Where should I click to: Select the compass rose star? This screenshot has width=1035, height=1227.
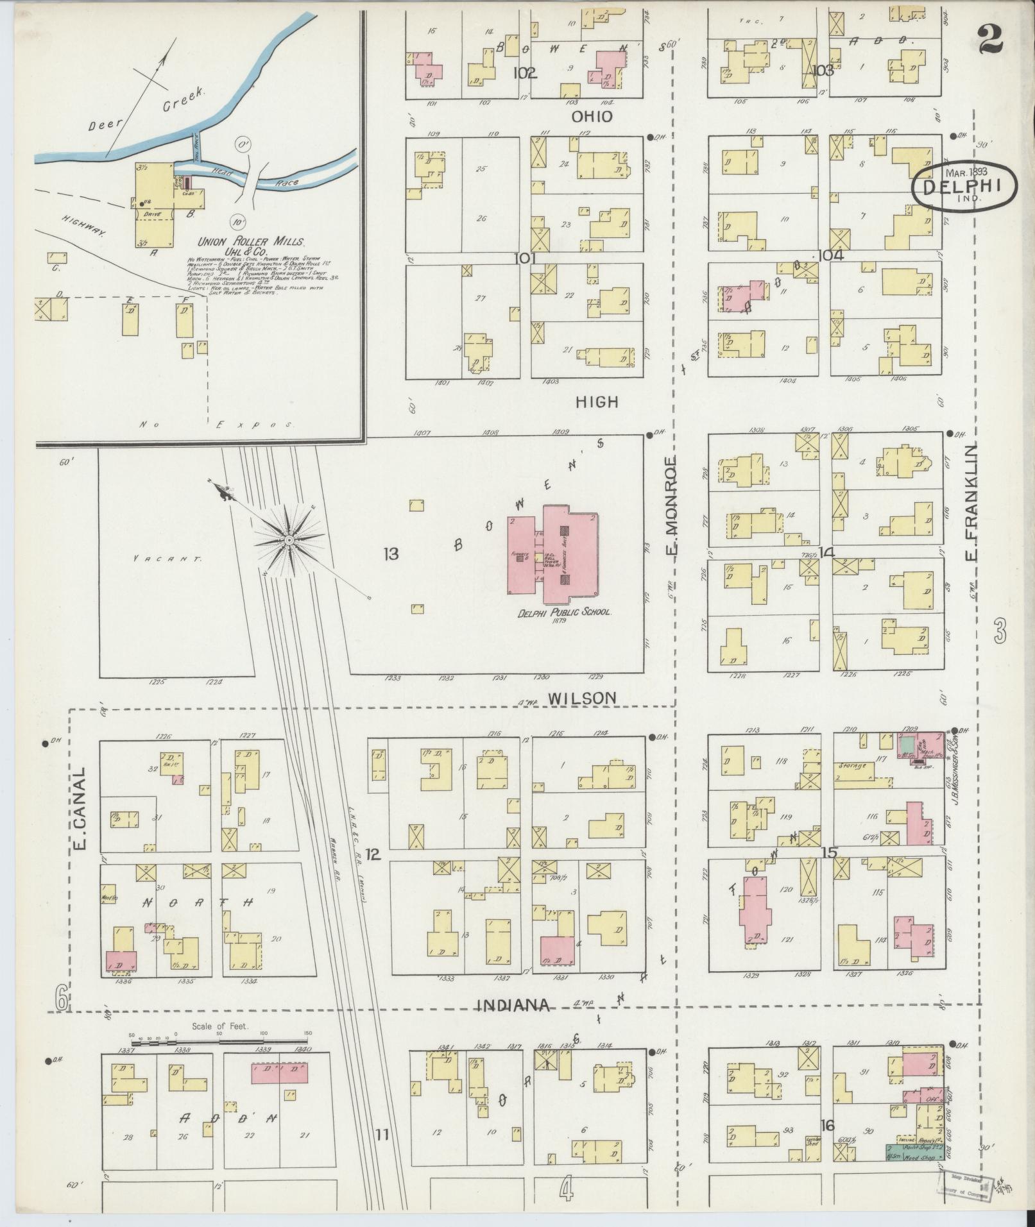point(289,541)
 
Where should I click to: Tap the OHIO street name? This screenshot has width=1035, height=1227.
point(593,117)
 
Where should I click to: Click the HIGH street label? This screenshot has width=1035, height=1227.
point(596,402)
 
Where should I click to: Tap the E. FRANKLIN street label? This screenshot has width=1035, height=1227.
point(970,500)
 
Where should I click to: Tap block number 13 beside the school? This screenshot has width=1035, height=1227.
point(391,553)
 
